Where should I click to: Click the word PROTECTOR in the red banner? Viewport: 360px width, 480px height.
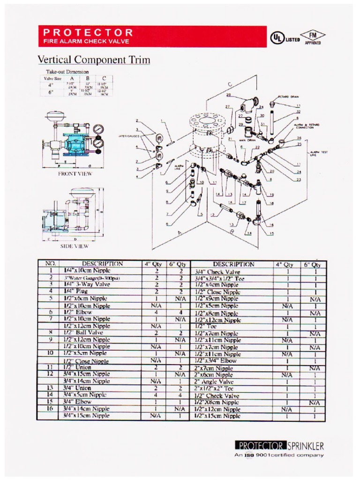(x=88, y=32)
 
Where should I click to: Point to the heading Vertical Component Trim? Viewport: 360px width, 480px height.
(x=94, y=60)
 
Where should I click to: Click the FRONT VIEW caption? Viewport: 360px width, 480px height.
(x=75, y=173)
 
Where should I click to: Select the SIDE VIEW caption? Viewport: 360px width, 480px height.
(x=75, y=246)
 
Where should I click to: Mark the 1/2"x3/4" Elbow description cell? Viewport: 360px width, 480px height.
(x=215, y=361)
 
